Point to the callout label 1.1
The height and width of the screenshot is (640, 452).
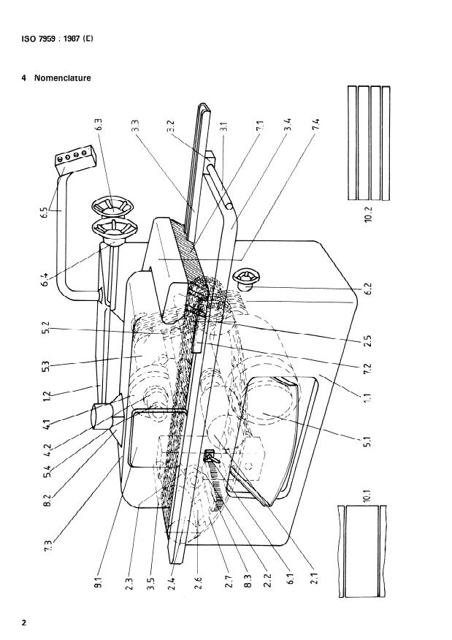point(369,400)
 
